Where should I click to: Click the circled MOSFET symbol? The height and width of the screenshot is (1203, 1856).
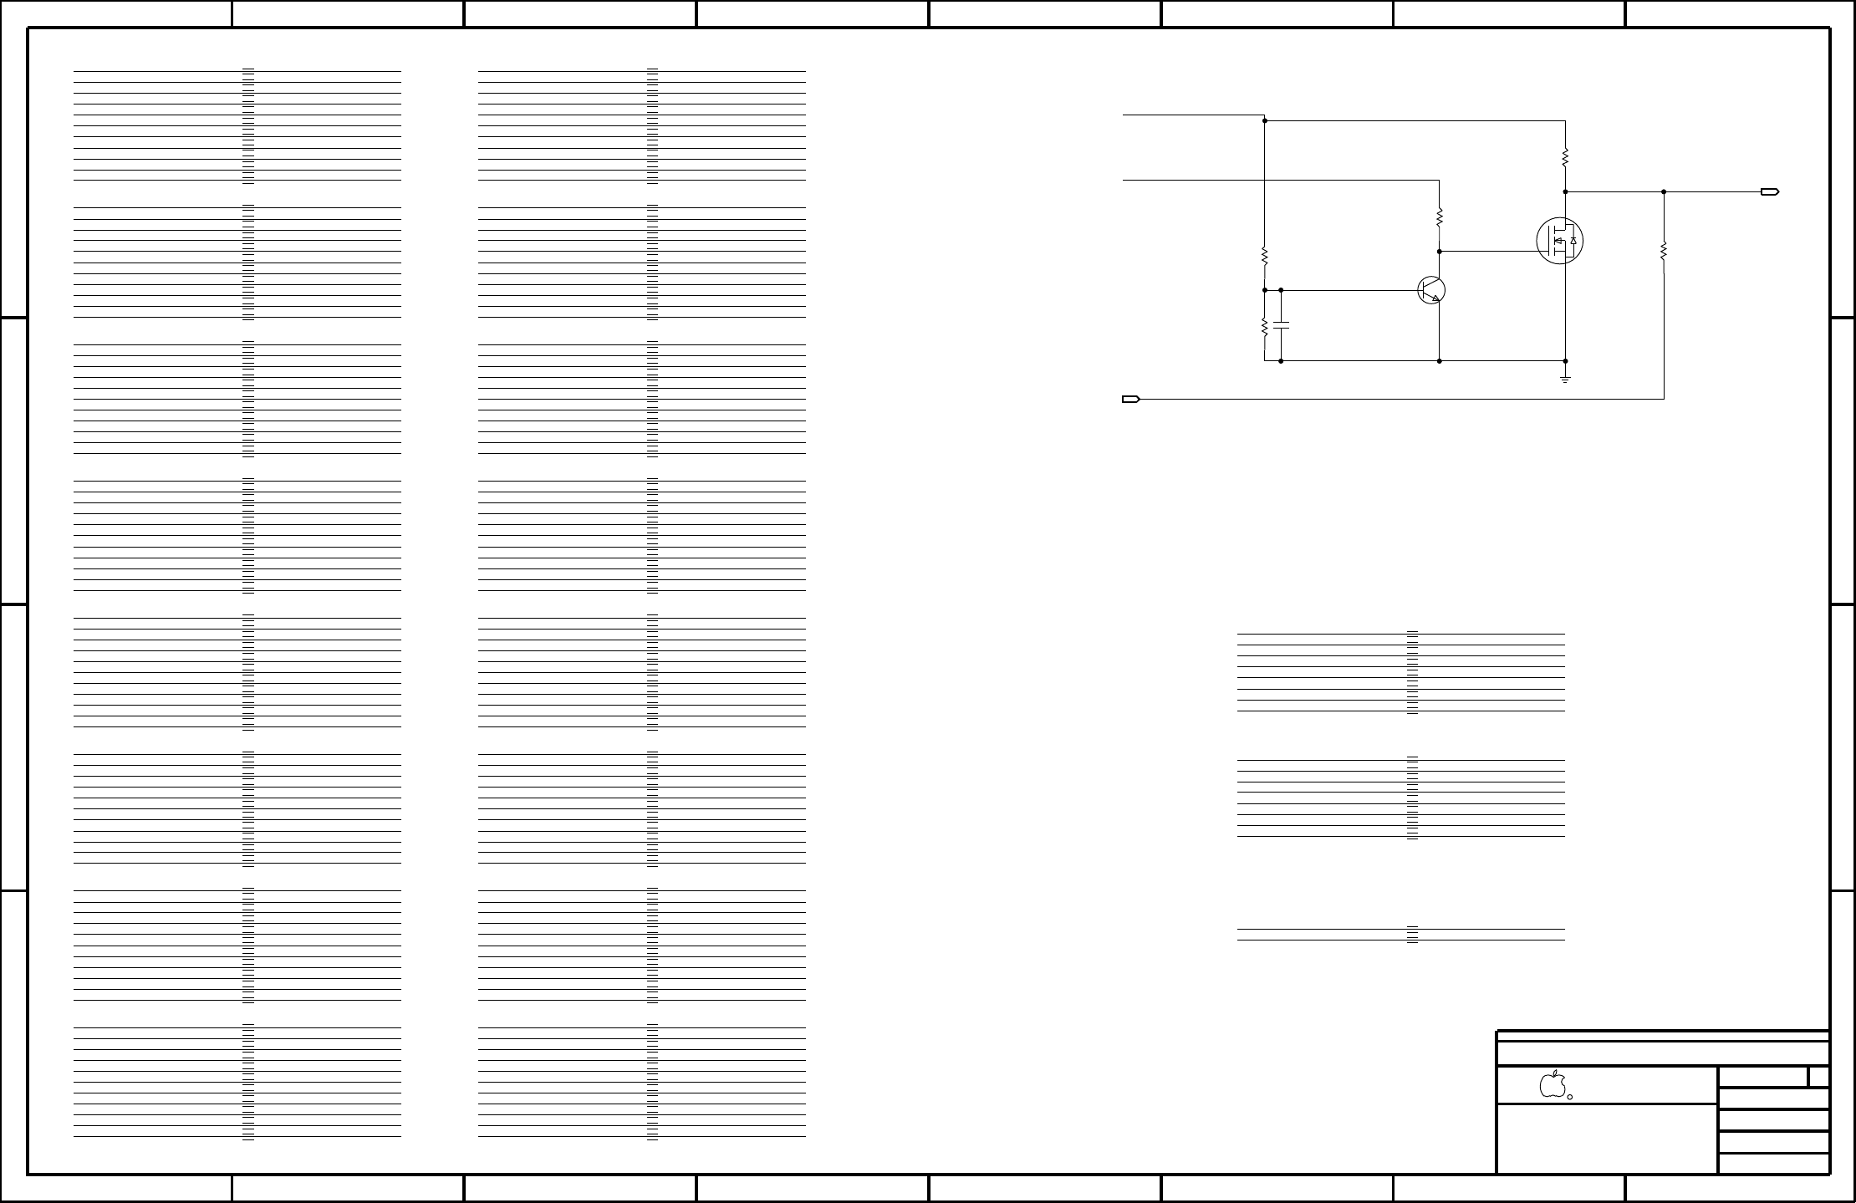pos(1560,241)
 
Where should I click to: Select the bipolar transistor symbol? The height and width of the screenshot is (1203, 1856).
pos(1431,290)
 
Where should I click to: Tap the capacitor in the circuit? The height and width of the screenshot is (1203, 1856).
pos(1281,324)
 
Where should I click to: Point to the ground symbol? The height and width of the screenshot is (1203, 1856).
pos(1565,379)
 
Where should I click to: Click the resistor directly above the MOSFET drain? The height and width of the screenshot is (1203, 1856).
pos(1565,157)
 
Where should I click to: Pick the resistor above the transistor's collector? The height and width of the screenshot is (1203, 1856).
pos(1439,217)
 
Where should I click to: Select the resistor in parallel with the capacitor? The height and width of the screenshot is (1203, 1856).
pos(1265,327)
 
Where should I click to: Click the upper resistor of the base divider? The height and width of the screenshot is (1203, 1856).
pos(1265,255)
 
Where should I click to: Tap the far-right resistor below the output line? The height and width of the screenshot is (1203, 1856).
pos(1664,251)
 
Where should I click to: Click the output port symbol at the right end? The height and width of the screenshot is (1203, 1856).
pos(1770,192)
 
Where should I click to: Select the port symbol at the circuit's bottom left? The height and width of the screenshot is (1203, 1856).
pos(1130,400)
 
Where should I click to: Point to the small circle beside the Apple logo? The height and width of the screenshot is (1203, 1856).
pos(1570,1097)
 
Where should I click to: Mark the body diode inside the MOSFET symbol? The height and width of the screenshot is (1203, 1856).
pos(1573,241)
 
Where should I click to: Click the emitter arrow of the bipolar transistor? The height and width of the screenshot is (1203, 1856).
pos(1435,298)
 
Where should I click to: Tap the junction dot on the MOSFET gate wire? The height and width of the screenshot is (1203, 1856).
pos(1439,251)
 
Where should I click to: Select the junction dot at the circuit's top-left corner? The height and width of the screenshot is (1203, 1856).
pos(1265,120)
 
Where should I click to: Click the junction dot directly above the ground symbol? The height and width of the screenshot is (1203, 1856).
pos(1565,361)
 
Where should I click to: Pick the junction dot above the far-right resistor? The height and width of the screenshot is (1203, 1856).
pos(1664,192)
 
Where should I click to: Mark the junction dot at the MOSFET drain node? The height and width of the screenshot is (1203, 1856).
pos(1565,192)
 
